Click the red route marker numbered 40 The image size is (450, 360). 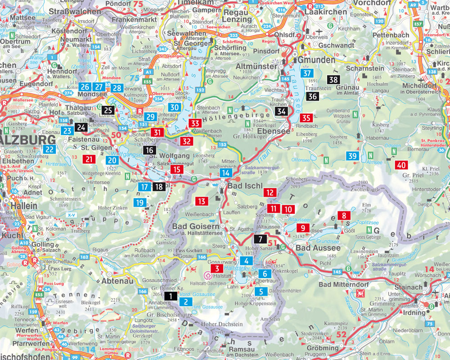401,165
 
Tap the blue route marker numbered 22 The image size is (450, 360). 49,150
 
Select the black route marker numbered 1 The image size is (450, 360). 171,296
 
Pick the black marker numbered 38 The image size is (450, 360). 333,80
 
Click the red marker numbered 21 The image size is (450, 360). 89,159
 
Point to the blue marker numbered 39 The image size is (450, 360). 353,156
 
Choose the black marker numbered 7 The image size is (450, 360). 260,239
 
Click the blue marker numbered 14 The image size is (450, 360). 227,173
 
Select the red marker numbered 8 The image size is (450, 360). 344,216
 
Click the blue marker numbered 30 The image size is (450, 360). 175,107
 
